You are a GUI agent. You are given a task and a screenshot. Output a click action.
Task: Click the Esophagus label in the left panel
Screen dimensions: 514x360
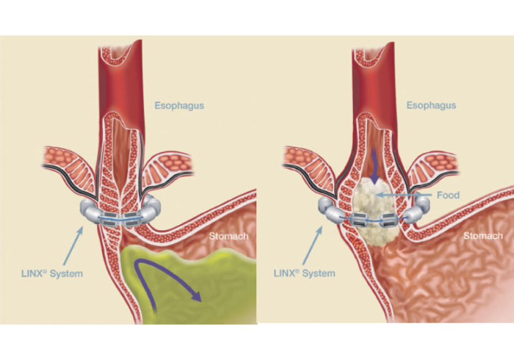179,106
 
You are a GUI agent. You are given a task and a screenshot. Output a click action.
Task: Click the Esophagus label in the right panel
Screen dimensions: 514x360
431,105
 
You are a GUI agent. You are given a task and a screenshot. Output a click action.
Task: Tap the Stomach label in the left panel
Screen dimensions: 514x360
229,236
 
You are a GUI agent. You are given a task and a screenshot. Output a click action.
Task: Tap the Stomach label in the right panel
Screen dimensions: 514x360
483,236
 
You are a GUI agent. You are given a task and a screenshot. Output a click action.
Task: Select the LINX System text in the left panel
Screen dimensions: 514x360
52,273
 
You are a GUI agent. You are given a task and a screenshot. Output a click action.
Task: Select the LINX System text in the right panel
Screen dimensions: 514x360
304,273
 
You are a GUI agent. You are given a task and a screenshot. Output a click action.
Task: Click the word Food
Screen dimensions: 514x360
448,195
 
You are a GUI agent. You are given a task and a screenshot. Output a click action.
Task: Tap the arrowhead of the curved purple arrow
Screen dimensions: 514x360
196,296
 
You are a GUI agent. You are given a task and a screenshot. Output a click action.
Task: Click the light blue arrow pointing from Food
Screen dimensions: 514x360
404,195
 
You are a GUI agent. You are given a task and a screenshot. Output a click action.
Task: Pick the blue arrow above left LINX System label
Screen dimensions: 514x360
73,246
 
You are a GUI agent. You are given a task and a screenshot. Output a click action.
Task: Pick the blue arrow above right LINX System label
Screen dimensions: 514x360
312,245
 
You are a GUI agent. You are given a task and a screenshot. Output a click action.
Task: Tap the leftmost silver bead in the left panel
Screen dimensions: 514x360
87,207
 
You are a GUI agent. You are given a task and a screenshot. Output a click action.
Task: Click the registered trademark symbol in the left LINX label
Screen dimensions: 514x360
45,271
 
